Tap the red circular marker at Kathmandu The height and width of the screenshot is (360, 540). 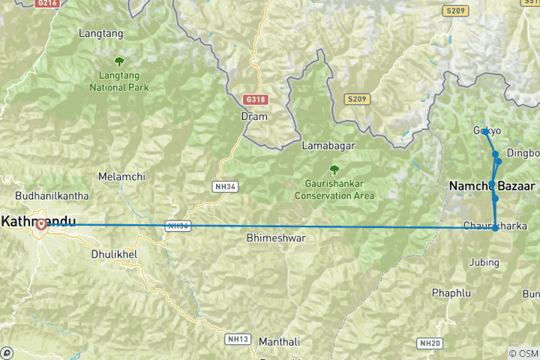[41, 223]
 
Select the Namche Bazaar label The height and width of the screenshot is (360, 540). [491, 185]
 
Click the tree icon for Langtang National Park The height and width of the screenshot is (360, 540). [118, 61]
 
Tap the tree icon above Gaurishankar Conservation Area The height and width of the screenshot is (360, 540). [334, 170]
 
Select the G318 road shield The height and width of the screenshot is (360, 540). [255, 99]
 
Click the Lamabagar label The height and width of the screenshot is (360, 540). [328, 145]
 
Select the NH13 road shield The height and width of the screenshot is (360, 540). [237, 339]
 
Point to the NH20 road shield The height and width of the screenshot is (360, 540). [430, 343]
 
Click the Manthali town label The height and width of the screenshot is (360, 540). [278, 342]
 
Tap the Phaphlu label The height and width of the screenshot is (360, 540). [449, 292]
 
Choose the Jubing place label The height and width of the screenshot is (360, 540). [484, 262]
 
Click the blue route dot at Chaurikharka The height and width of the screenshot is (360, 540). [495, 227]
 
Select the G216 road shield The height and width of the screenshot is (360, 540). [46, 4]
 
